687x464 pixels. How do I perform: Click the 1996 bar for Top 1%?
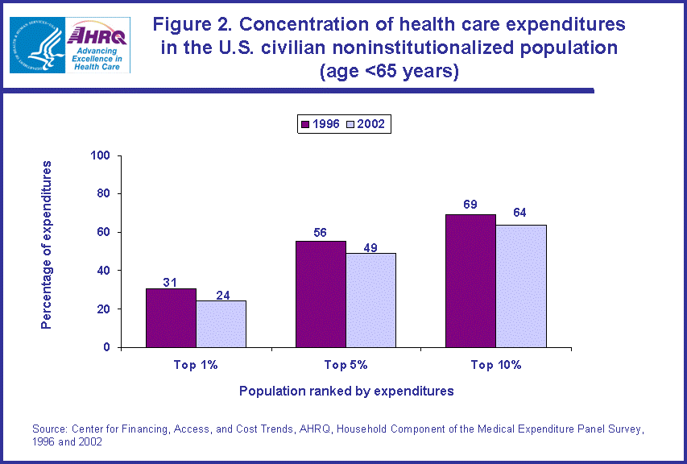(x=171, y=317)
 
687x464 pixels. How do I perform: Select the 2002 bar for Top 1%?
(x=221, y=324)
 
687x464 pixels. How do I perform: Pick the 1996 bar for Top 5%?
(x=321, y=294)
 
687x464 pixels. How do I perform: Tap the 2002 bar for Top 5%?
(x=371, y=300)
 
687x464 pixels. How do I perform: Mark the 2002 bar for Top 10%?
(x=521, y=286)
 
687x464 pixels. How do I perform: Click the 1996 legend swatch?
(x=305, y=124)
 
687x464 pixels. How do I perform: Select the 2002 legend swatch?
(x=350, y=124)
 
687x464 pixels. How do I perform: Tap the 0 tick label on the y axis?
(x=107, y=347)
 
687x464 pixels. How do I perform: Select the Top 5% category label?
(x=346, y=365)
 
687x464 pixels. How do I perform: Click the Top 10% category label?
(x=496, y=365)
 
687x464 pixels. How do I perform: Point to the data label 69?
(x=470, y=205)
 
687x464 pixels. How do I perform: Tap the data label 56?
(x=321, y=232)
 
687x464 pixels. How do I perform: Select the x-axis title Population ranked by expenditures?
(x=346, y=391)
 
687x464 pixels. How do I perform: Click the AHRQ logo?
(x=98, y=44)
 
